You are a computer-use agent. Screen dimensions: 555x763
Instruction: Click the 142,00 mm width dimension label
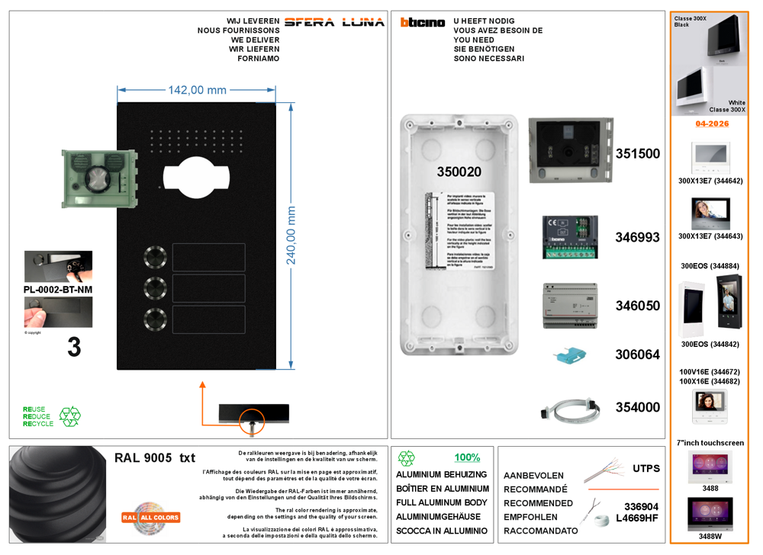coord(197,90)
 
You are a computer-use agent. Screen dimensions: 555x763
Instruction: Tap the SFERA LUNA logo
coord(334,22)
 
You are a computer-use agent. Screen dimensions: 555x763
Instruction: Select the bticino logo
coord(422,23)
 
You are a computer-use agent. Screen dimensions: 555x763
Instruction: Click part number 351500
coord(637,153)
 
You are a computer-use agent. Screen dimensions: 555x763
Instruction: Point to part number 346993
coord(637,237)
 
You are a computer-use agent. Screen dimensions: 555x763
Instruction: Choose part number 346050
coord(637,306)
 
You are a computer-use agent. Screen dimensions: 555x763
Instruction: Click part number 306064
coord(637,354)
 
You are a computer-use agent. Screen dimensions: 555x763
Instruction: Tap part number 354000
coord(637,407)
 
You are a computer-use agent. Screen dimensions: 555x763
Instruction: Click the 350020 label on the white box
coord(459,172)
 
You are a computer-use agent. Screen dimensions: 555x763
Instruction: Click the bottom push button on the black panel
coord(156,319)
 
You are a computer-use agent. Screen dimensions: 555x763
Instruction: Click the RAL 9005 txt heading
coord(154,458)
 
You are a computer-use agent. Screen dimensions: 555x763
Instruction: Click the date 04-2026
coord(712,124)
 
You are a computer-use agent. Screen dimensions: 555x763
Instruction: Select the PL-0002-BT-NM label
coord(58,290)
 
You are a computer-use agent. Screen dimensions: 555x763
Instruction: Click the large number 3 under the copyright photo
coord(74,348)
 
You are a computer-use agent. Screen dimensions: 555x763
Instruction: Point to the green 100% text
coord(467,458)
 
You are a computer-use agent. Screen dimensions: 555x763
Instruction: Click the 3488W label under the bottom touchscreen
coord(710,537)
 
